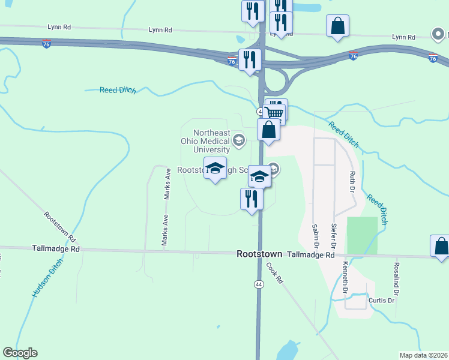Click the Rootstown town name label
259,254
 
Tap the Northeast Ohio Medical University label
211,142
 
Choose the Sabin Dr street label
315,237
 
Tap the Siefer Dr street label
334,236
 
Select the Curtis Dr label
381,300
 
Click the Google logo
20,353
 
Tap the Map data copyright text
423,355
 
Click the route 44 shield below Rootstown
259,284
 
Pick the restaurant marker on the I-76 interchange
249,59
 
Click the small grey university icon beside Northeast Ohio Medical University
238,141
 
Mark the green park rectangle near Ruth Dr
362,235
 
